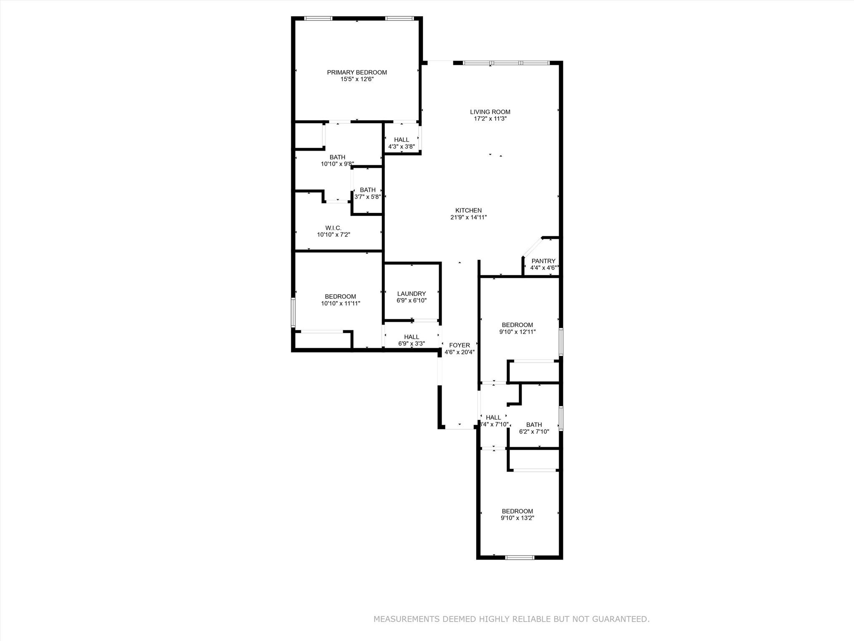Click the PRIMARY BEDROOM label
(x=357, y=72)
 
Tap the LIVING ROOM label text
(x=490, y=112)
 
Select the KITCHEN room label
(x=468, y=210)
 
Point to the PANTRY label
(x=543, y=261)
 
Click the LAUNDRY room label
(x=411, y=293)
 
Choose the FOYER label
(x=459, y=345)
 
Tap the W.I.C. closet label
(x=333, y=228)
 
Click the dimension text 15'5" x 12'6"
(x=357, y=79)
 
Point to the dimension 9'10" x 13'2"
(x=517, y=518)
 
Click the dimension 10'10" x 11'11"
(x=340, y=303)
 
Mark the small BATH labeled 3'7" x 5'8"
(x=367, y=190)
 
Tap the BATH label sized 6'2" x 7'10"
(x=534, y=425)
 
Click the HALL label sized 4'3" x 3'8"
(x=401, y=140)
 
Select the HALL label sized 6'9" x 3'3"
(x=411, y=337)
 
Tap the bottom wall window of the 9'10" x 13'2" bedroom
(x=520, y=557)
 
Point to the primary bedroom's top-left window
(x=318, y=18)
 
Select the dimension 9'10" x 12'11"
(x=517, y=332)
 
